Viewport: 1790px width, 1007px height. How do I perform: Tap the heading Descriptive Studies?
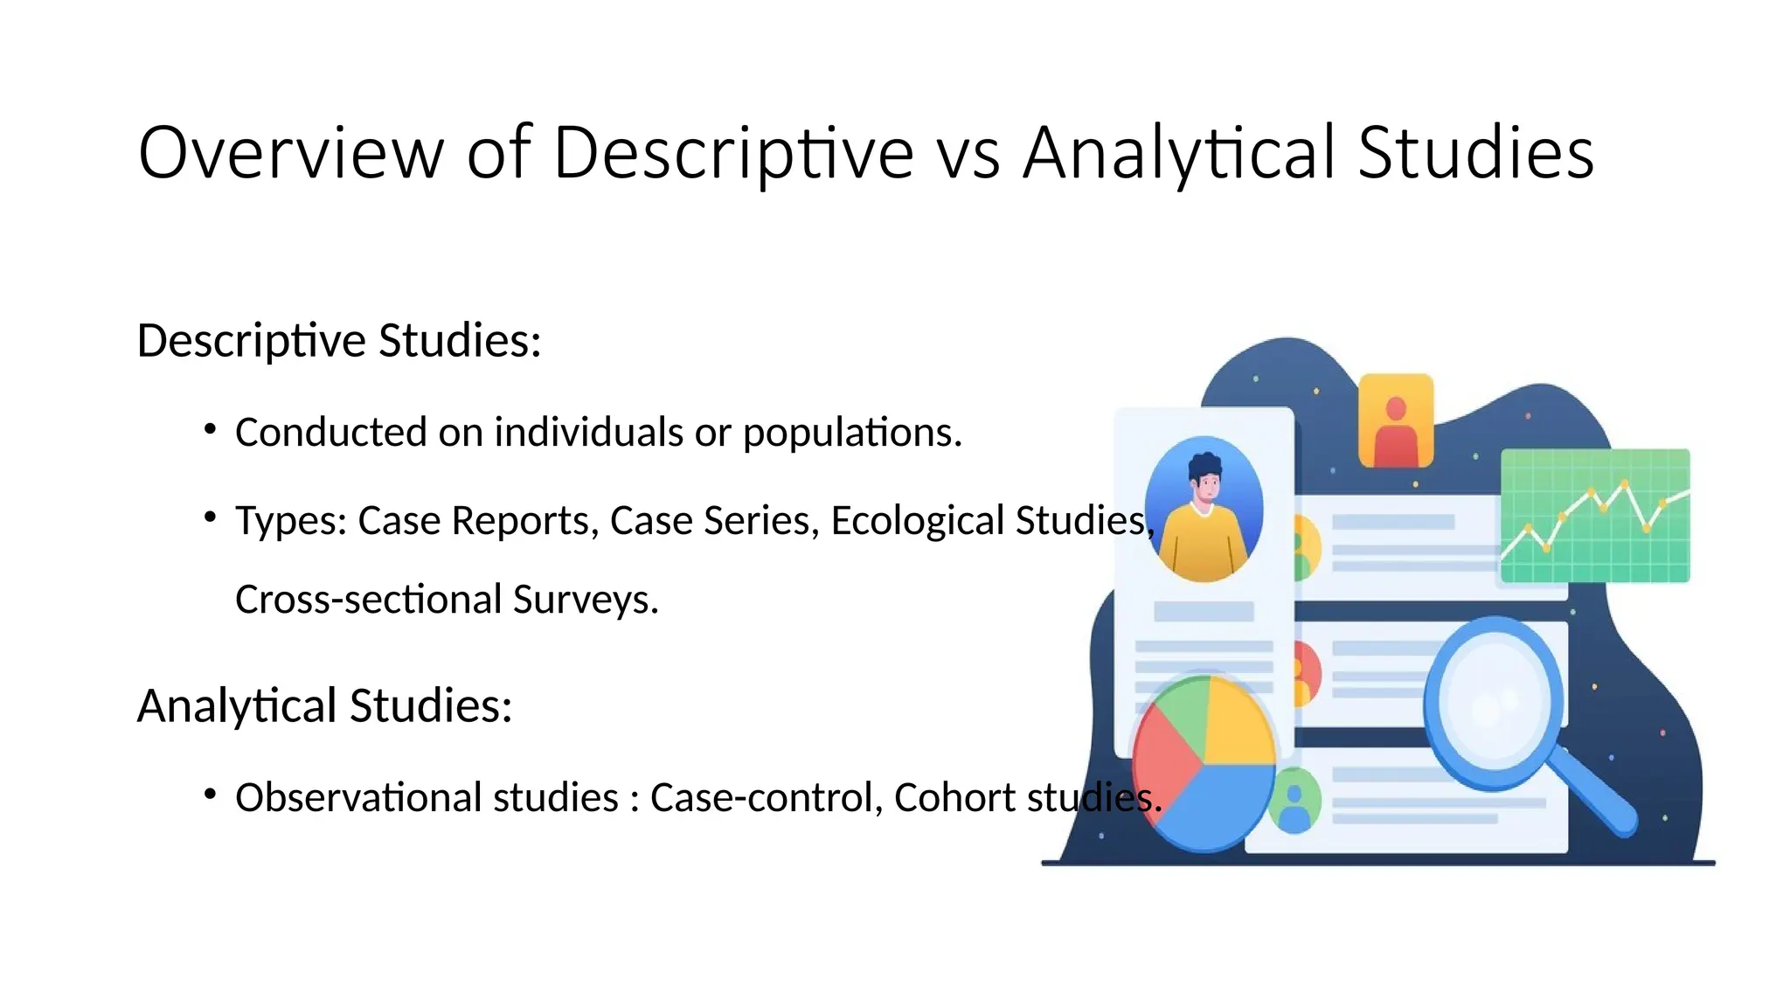339,340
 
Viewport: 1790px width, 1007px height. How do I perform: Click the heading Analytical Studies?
324,705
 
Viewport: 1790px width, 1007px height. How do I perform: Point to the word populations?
851,433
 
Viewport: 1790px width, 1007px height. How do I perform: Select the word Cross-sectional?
368,600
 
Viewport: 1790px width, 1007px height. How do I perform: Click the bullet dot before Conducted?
210,429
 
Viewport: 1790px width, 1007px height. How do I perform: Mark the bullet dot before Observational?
210,795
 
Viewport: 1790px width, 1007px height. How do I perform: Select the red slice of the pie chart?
1162,752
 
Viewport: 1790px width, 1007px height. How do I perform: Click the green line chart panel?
1594,515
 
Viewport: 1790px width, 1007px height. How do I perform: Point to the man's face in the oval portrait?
1206,485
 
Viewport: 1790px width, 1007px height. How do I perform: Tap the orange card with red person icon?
1396,420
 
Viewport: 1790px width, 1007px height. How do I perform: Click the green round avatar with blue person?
1294,800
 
